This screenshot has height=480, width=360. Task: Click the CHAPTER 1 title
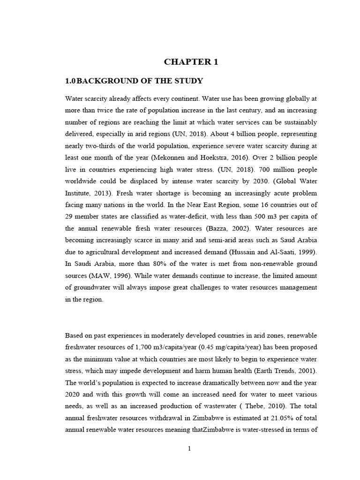click(x=191, y=62)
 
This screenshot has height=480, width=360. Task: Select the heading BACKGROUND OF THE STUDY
click(x=139, y=81)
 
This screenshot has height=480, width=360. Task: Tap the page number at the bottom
click(x=189, y=449)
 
